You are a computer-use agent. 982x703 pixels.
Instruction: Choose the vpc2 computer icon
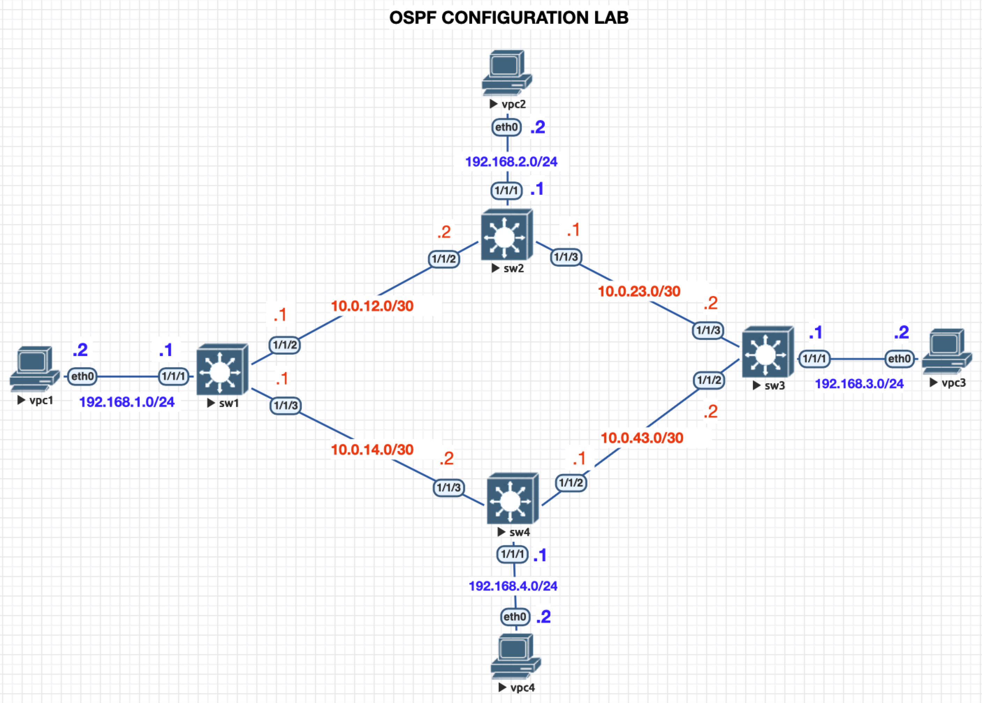click(507, 72)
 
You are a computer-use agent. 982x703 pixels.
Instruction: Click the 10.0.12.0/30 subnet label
click(372, 306)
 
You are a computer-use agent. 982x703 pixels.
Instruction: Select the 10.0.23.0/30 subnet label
click(639, 291)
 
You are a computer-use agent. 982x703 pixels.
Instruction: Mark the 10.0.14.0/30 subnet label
click(372, 450)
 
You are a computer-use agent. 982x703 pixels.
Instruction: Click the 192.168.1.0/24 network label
click(127, 402)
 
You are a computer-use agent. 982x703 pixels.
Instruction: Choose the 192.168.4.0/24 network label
click(513, 586)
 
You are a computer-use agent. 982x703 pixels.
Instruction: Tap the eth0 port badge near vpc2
click(506, 127)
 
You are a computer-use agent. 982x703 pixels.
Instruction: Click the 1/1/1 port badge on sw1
click(174, 376)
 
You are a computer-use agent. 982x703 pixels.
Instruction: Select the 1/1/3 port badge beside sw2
click(566, 257)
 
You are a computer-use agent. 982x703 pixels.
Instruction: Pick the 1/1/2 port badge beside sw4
click(571, 483)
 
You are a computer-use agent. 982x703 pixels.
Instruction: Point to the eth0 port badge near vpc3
click(899, 359)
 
